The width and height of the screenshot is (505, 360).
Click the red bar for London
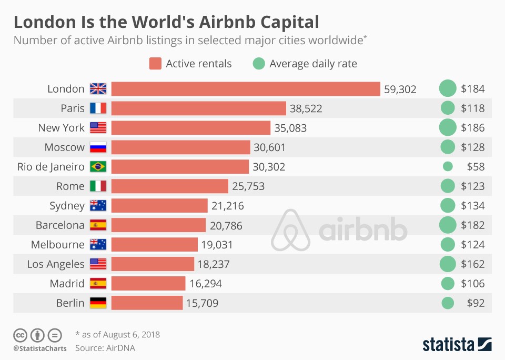[246, 89]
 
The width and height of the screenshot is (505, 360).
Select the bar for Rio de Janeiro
[180, 167]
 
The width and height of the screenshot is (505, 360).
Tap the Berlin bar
[147, 303]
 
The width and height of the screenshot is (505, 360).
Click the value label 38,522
[306, 108]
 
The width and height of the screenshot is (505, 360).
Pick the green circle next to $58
[448, 167]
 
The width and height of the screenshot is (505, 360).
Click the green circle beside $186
[448, 128]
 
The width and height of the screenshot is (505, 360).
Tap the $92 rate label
[476, 303]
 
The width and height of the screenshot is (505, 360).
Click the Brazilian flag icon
[98, 167]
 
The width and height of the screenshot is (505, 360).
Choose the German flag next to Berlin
[98, 303]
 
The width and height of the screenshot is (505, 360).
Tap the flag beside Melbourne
[98, 245]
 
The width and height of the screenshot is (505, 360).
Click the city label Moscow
[64, 147]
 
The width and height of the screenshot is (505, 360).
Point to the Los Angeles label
[56, 264]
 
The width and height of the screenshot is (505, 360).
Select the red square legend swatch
[155, 64]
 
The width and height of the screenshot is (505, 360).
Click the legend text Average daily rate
[313, 64]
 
